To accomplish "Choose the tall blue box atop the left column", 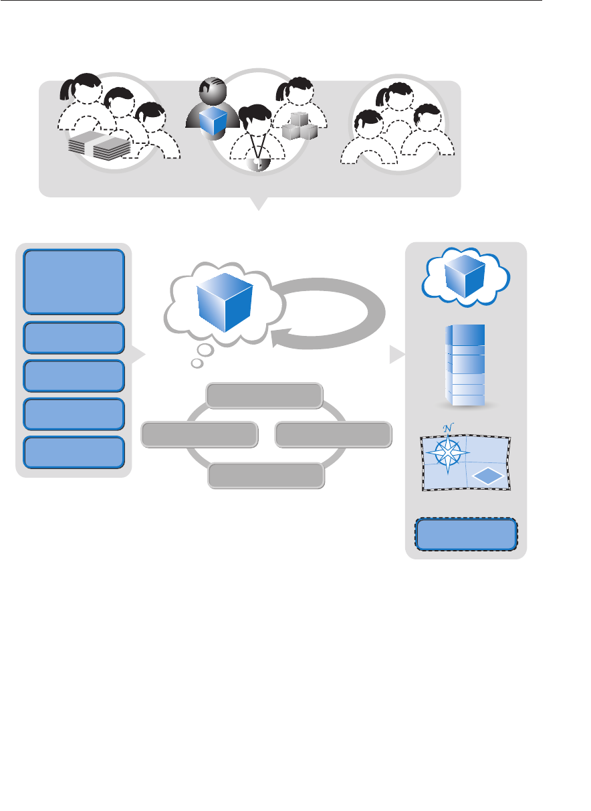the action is coord(74,282).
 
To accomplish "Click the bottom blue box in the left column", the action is coord(74,452).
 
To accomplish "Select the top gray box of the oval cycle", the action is coord(265,395).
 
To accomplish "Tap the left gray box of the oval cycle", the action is coord(199,434).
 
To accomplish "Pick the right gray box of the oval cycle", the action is coord(332,434).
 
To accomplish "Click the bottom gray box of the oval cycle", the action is coord(266,475).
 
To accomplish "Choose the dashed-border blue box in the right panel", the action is coord(466,535).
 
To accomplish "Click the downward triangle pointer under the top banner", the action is coord(258,203).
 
